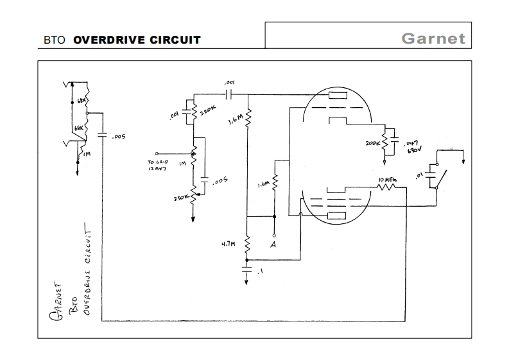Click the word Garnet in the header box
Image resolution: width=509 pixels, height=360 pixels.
pos(433,38)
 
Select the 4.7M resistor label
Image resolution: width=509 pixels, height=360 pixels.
pos(229,244)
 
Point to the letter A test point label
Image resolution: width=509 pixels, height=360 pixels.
pos(273,244)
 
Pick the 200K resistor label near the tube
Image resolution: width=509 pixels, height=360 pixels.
pos(372,144)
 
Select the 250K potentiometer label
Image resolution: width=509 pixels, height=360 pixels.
pos(180,198)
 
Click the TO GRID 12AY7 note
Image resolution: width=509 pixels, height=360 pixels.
pos(158,166)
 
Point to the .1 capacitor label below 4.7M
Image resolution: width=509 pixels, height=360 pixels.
pos(259,273)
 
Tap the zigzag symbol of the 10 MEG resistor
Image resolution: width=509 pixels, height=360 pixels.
pos(388,187)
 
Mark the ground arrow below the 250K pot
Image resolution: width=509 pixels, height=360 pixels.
pos(194,218)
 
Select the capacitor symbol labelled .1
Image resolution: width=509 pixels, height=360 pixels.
pos(248,270)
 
